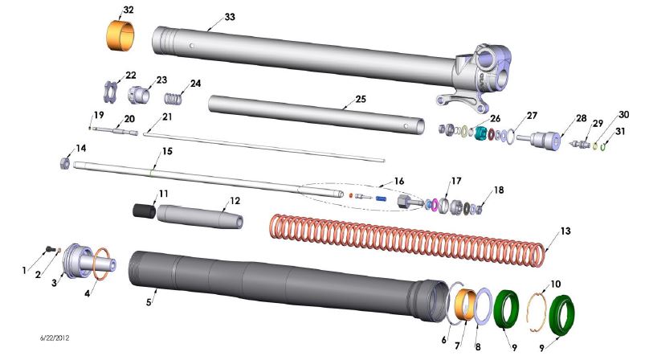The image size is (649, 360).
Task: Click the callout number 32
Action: pos(129,10)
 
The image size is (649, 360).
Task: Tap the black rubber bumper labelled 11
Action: pos(143,211)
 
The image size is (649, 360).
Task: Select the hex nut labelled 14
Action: pos(63,164)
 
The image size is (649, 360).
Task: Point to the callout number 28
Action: pos(581,118)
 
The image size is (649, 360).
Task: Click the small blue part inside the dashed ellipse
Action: pos(381,198)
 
